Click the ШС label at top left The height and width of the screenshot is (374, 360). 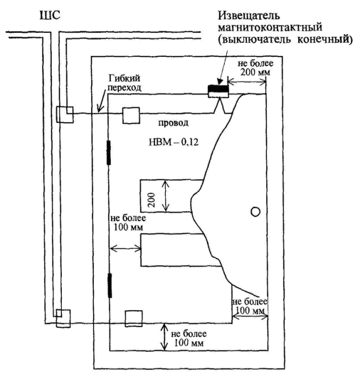[50, 16]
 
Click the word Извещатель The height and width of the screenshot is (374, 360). [249, 16]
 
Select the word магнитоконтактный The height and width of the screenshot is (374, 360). [270, 27]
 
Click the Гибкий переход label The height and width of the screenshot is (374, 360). [125, 82]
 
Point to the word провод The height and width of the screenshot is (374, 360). [174, 123]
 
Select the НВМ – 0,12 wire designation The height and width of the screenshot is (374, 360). [174, 142]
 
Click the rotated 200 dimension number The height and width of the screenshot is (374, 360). [152, 200]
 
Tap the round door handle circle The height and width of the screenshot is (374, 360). [255, 212]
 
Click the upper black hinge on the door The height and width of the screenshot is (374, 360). [109, 153]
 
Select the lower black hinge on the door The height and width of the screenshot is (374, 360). [110, 286]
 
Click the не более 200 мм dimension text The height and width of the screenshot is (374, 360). [255, 68]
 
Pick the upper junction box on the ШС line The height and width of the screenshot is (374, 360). [65, 114]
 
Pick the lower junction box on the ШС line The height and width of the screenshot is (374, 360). [63, 319]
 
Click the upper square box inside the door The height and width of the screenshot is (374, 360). [131, 115]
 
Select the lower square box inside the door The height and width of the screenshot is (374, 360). [134, 319]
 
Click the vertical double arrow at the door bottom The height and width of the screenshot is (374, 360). [164, 337]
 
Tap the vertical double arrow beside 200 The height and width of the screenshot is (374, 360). [166, 196]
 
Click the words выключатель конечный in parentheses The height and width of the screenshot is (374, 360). [285, 39]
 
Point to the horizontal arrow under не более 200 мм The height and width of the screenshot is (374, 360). [247, 82]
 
